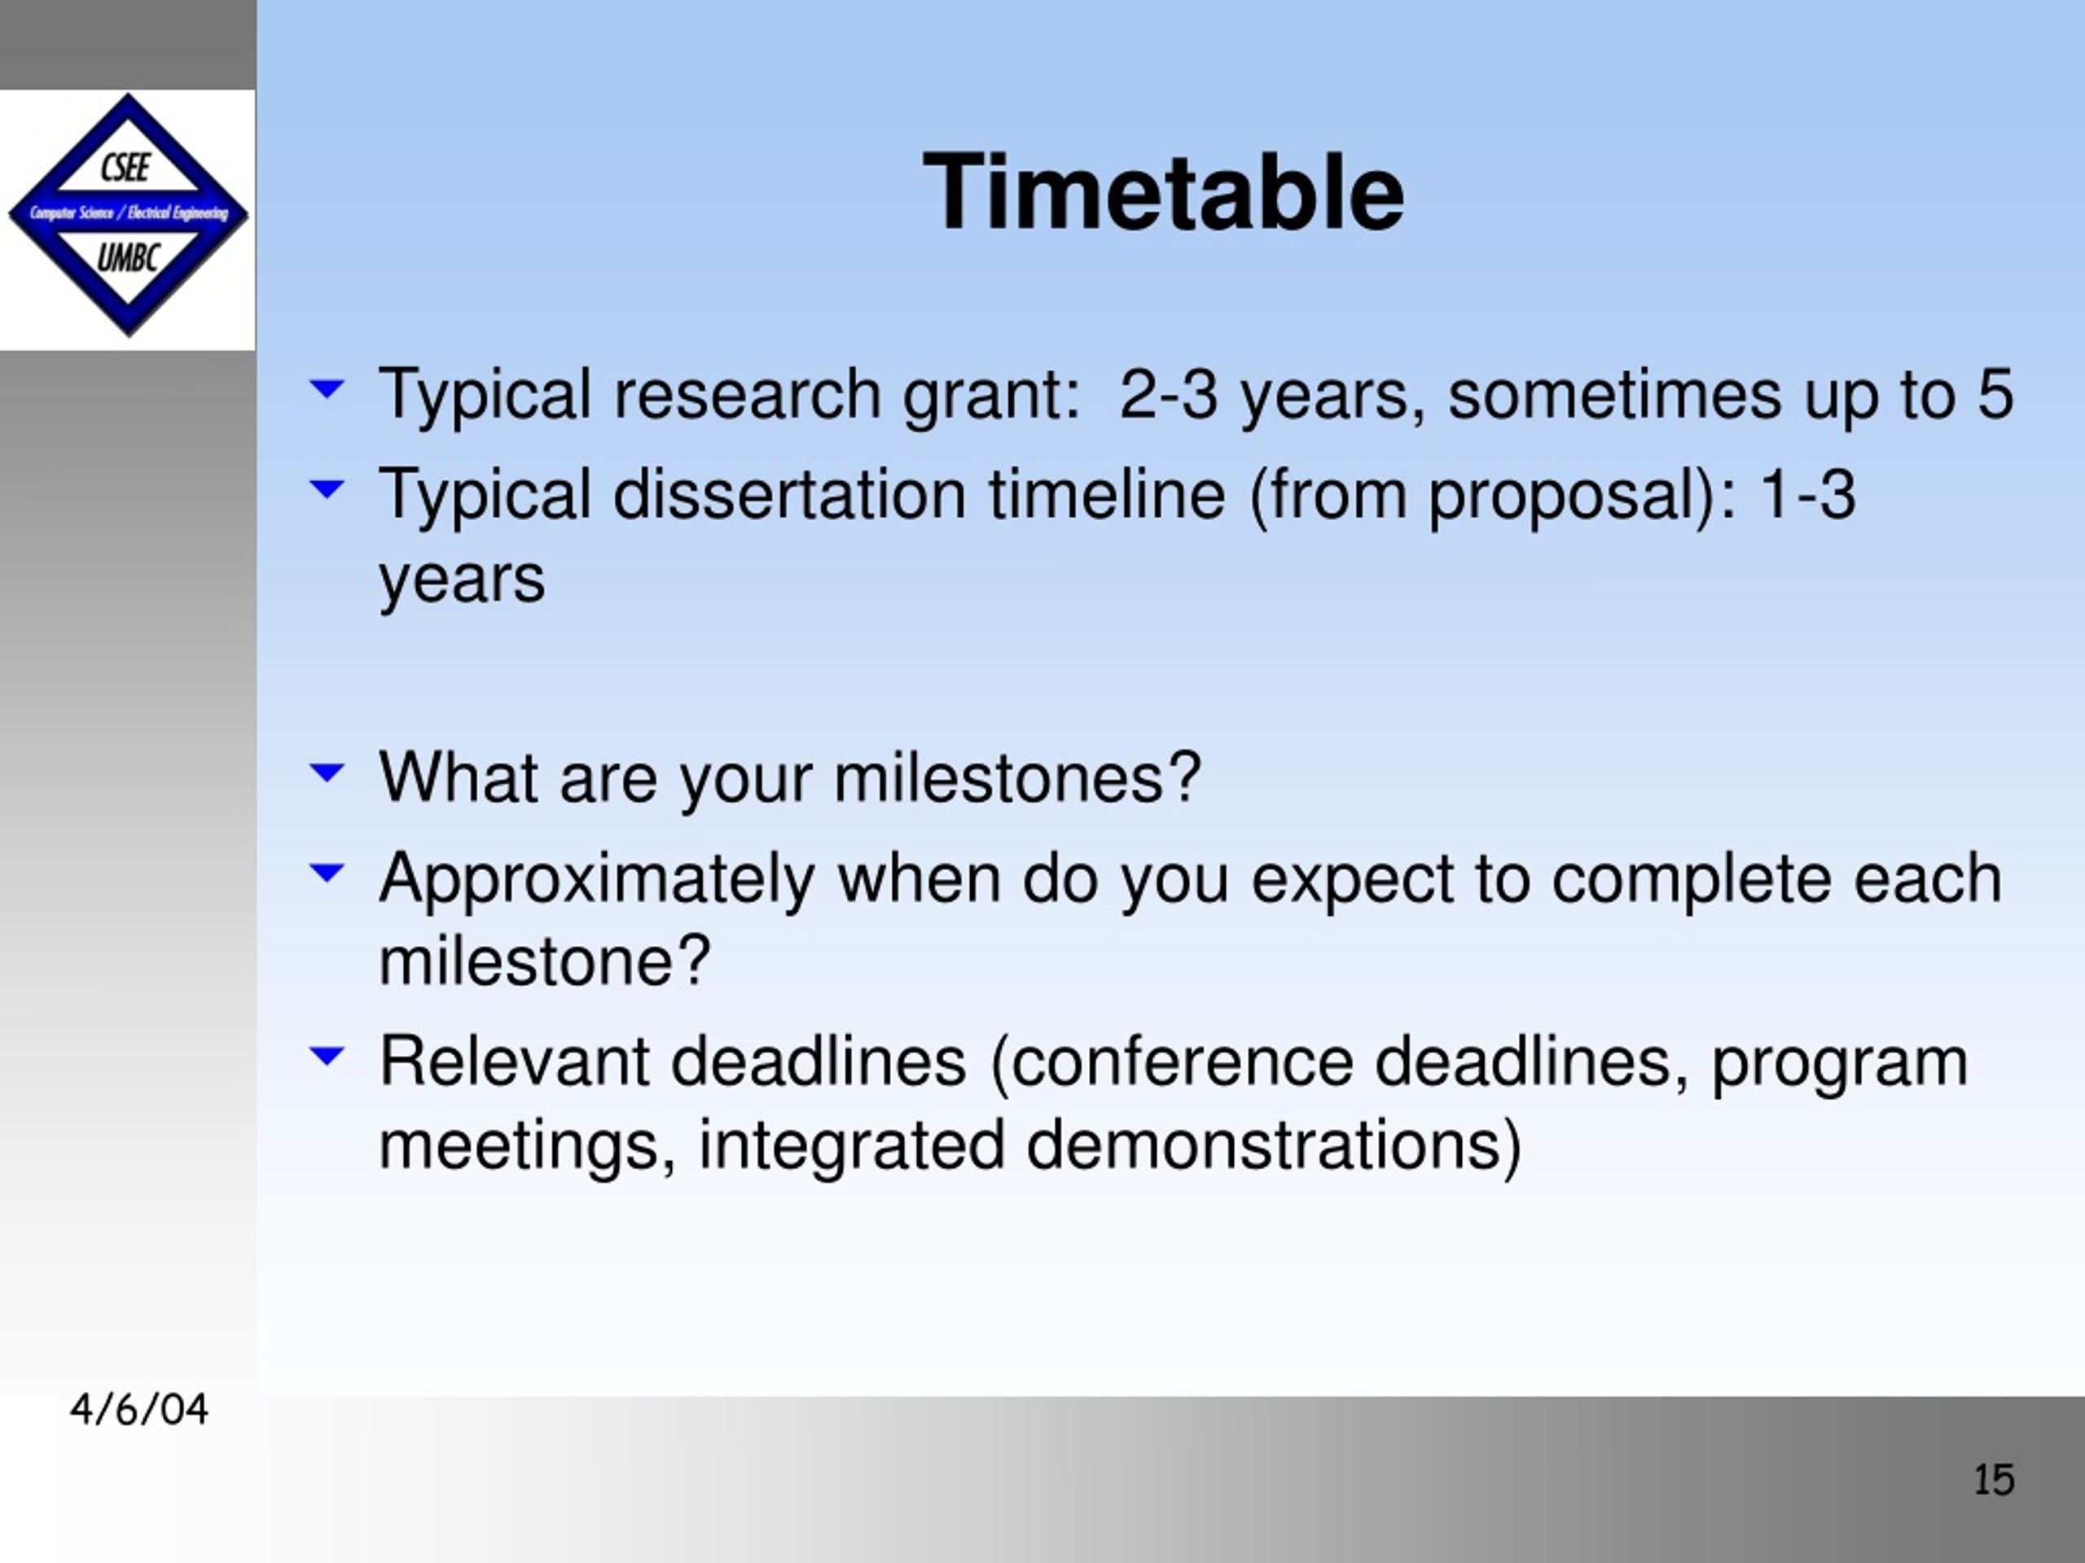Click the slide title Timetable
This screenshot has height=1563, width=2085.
coord(1163,192)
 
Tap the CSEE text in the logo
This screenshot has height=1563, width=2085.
coord(125,168)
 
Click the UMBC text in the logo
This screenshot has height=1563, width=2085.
coord(128,256)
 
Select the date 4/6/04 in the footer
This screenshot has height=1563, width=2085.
coord(138,1409)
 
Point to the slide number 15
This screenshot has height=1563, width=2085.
coord(1994,1479)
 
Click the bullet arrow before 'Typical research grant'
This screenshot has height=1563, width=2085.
coord(327,388)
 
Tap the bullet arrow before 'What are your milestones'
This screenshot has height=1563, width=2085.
coord(327,773)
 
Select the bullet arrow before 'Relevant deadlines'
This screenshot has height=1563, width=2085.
coord(327,1055)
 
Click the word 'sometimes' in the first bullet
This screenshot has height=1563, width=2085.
coord(1614,394)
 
